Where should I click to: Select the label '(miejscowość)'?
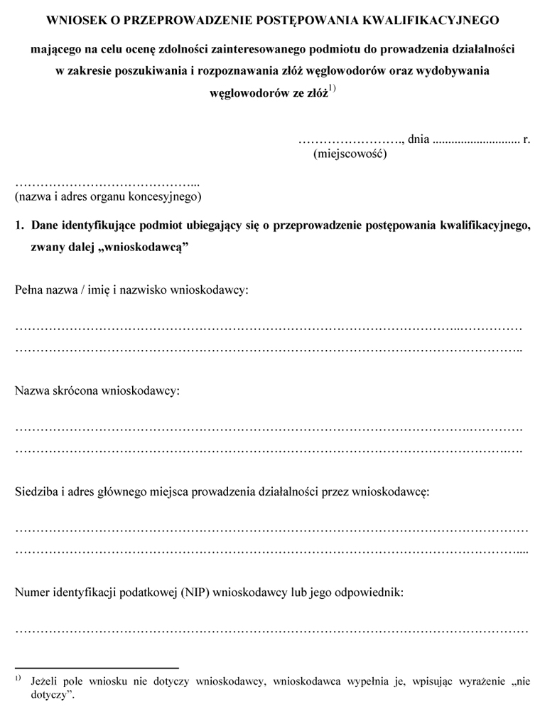point(350,153)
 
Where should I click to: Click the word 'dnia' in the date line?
point(418,139)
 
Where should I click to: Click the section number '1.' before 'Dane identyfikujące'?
point(21,226)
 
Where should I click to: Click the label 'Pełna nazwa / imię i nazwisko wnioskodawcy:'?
point(131,290)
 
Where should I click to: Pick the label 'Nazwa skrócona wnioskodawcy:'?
point(97,390)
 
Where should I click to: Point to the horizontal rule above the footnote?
point(97,669)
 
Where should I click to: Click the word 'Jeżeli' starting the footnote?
point(44,681)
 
